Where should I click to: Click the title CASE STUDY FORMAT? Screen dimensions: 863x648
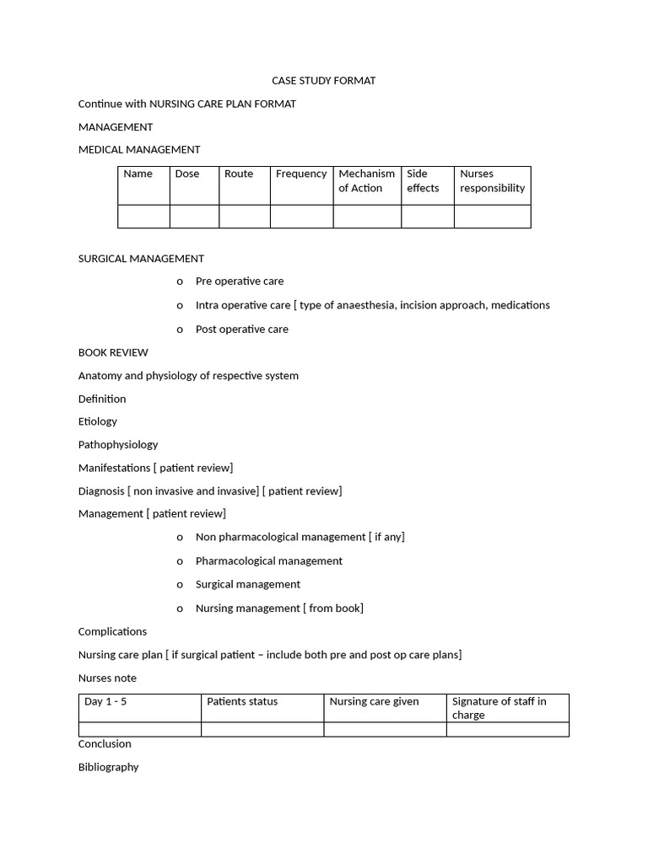[323, 81]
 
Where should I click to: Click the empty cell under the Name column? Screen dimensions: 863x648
[143, 217]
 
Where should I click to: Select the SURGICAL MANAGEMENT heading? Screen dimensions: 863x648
[141, 259]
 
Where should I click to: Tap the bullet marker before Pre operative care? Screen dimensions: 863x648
[180, 281]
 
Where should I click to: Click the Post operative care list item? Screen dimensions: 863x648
[242, 330]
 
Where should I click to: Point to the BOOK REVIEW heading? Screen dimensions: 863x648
[113, 352]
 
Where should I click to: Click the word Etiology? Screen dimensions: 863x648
[98, 421]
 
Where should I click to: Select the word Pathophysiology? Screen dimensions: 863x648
[118, 444]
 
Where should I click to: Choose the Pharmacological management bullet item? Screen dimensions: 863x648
[269, 561]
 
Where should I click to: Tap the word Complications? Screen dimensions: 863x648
[112, 631]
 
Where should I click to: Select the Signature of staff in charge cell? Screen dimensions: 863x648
[506, 708]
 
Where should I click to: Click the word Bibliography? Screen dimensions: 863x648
[109, 767]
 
